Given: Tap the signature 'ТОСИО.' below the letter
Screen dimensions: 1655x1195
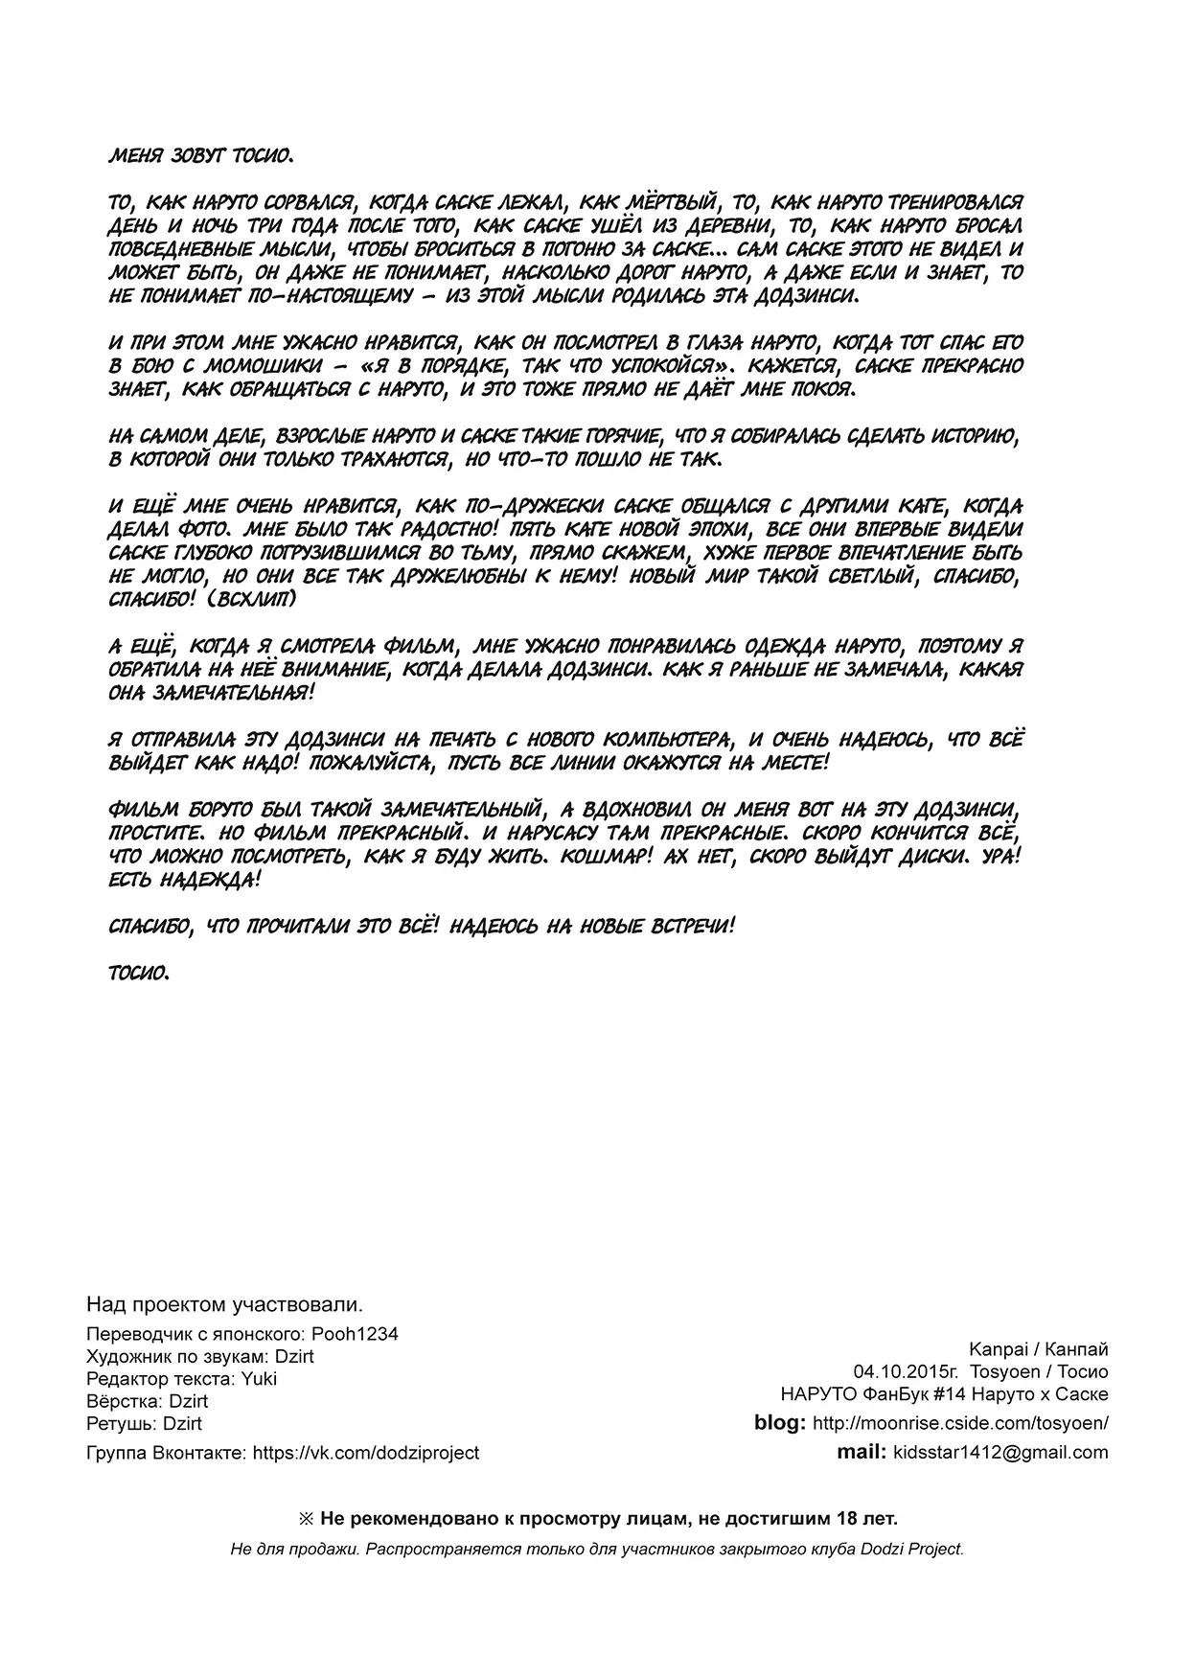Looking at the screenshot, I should tap(139, 973).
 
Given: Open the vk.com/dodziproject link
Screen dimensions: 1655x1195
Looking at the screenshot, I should tap(365, 1453).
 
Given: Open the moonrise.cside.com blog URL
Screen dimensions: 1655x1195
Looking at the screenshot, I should tap(960, 1423).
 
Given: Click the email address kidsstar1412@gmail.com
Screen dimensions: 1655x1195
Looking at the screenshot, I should tap(1000, 1453).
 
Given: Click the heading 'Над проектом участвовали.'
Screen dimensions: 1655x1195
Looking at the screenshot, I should tap(224, 1304).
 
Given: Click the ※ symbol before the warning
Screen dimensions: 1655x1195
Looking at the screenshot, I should tap(307, 1519).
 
